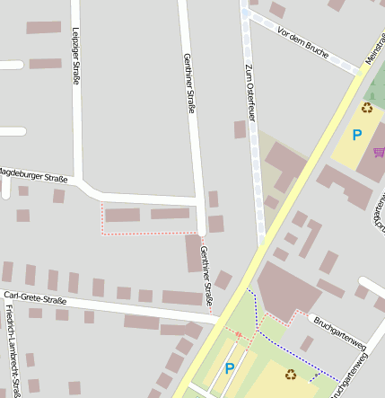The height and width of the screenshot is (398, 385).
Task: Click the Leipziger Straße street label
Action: pos(75,56)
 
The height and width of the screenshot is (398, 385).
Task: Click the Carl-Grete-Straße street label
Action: pos(36,297)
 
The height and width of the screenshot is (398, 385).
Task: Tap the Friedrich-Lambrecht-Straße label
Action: pos(9,350)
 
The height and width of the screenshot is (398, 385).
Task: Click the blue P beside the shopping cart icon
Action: pos(356,136)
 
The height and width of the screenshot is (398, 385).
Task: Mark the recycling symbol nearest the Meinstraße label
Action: pos(366,108)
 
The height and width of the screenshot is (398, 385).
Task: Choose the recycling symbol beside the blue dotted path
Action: pos(290,374)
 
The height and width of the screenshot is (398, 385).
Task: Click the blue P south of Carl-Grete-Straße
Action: pos(229,368)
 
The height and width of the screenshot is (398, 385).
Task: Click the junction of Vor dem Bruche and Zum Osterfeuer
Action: pos(246,14)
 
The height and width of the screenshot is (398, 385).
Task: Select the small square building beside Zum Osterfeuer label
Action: pos(240,129)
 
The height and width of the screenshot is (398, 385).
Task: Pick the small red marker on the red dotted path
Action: pos(239,335)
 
